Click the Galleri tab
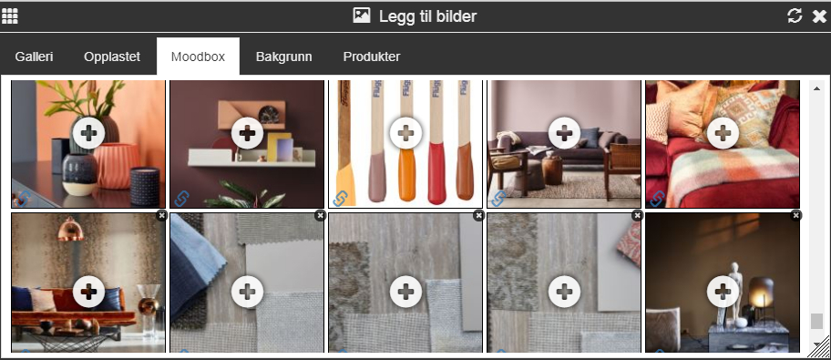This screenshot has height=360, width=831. coord(34,57)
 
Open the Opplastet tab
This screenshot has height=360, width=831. coord(112,57)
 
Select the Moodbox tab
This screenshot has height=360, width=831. coord(199,57)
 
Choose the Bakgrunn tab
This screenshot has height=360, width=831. coord(283,57)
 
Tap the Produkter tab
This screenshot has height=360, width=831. coord(372,57)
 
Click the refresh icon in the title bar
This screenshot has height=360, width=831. coord(795,15)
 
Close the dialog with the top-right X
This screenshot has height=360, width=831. coord(819,16)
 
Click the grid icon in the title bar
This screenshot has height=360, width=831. coord(9,15)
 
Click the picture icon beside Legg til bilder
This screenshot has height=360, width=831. coord(362,15)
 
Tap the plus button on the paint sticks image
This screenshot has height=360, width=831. coord(405,132)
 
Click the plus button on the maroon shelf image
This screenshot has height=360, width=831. coord(247,132)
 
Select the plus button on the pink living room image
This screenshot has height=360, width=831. coord(564,132)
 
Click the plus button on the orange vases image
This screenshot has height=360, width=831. coord(88,132)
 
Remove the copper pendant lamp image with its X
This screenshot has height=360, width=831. coord(161,215)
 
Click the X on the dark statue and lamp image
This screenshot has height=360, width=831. coord(795,215)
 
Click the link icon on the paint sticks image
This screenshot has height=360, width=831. coord(340,199)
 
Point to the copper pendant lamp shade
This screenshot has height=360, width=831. coord(70,231)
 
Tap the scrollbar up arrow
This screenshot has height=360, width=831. coord(816,88)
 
